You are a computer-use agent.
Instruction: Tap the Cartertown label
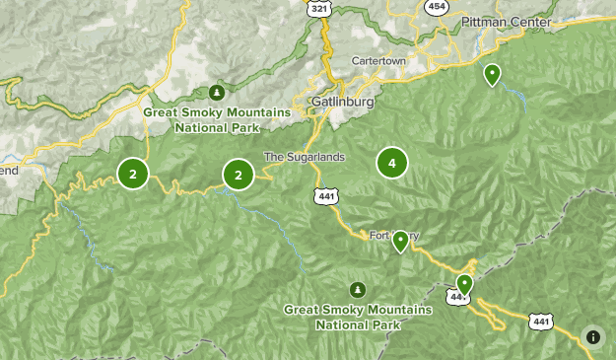[379, 61]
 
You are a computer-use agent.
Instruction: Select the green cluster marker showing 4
[392, 163]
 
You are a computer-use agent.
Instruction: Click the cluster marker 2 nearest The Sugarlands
[239, 175]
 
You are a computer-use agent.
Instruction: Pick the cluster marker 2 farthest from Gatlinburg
[133, 174]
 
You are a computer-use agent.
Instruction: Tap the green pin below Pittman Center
[492, 74]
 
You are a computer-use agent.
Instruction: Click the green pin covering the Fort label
[400, 241]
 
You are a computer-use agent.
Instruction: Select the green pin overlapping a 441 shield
[464, 284]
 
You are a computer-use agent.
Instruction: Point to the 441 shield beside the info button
[540, 321]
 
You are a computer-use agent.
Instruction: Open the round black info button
[593, 336]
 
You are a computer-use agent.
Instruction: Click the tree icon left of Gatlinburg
[215, 93]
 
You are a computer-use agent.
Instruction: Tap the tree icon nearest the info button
[357, 290]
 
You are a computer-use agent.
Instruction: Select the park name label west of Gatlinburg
[217, 119]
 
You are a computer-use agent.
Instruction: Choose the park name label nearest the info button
[358, 317]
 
